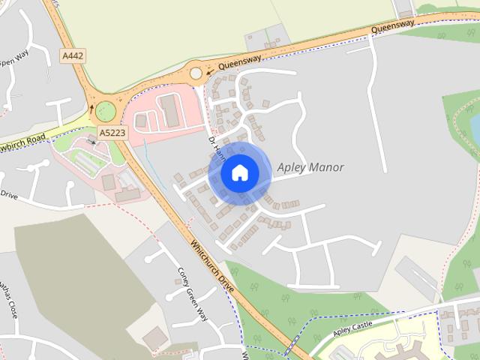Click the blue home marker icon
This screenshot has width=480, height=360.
coord(239,173)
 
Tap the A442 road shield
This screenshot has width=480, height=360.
coord(73,56)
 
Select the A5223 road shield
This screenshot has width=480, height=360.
coord(111,132)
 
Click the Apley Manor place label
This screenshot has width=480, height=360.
coord(310,167)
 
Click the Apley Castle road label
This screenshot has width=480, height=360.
coord(352,328)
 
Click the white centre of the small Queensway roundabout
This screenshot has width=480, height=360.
coord(196,73)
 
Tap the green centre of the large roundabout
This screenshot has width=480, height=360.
coord(106,111)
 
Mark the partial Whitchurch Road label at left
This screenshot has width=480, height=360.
coord(22,140)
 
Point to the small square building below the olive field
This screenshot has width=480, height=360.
coord(155,338)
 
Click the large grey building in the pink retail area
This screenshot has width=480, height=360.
coord(169,111)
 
